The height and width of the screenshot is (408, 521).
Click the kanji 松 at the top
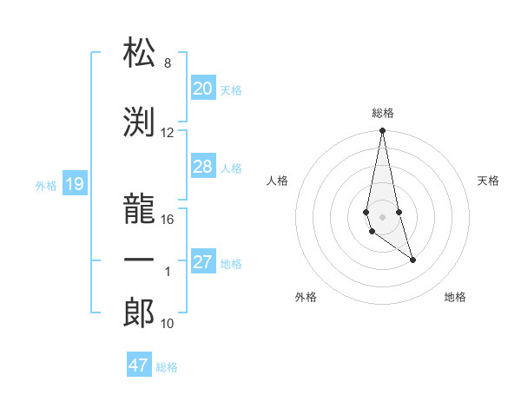(139, 53)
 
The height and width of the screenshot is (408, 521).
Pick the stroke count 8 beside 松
(167, 63)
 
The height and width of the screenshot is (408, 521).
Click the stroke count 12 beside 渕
(168, 133)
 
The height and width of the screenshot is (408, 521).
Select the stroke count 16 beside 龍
(168, 219)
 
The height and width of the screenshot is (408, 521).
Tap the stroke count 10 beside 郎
(168, 324)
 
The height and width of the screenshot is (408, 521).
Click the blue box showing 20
(202, 89)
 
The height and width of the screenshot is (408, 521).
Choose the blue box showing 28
(202, 167)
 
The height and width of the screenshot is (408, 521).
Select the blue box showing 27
(202, 262)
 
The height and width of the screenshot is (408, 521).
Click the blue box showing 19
(74, 184)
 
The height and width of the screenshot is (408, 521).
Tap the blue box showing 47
(138, 365)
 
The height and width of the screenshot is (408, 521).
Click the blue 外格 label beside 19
(45, 185)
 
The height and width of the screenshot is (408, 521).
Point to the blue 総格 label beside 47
(167, 367)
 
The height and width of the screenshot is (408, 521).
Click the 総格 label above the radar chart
(382, 113)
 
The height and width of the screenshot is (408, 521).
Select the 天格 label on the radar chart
(489, 181)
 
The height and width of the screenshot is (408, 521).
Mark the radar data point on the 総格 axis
(382, 131)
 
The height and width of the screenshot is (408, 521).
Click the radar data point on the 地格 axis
(412, 260)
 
